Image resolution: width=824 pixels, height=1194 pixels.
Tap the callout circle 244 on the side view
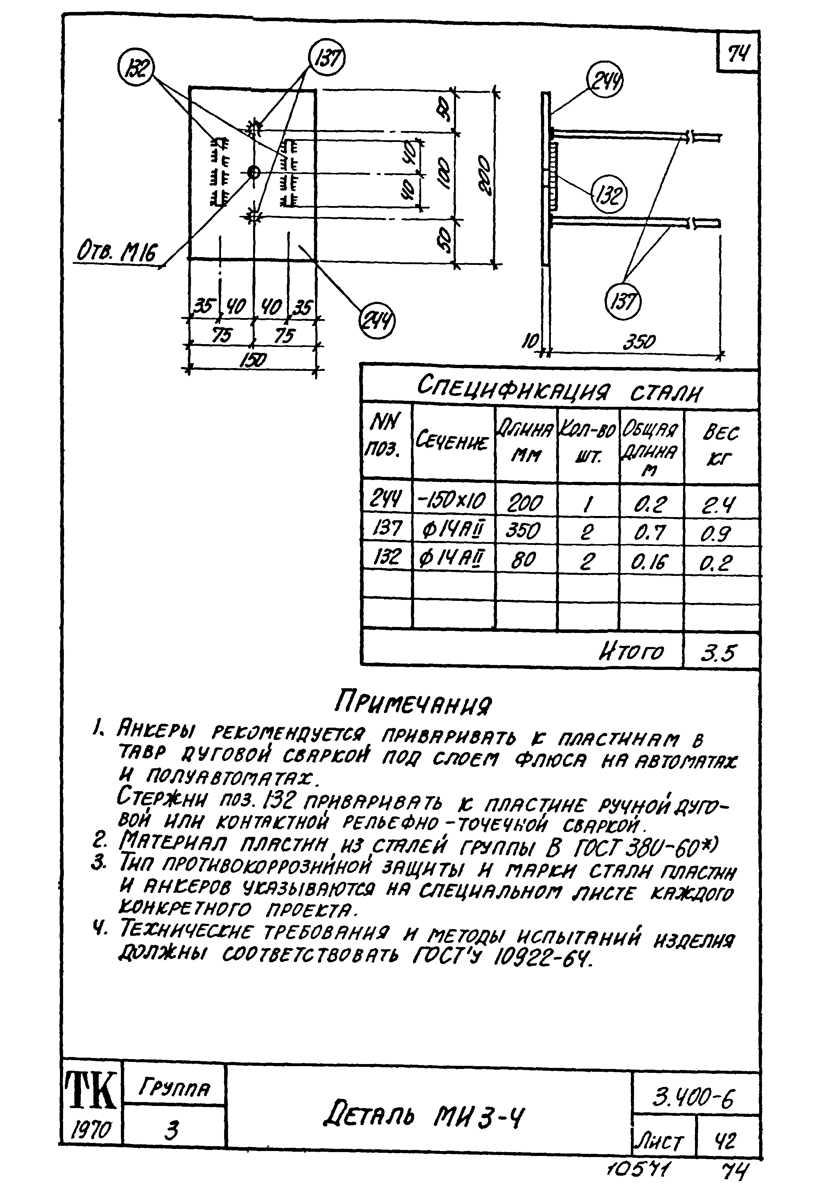(x=605, y=82)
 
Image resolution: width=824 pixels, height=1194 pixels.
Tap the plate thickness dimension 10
(x=531, y=341)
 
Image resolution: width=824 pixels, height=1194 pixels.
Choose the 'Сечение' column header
(x=452, y=442)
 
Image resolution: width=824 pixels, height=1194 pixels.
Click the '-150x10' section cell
(x=453, y=500)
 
